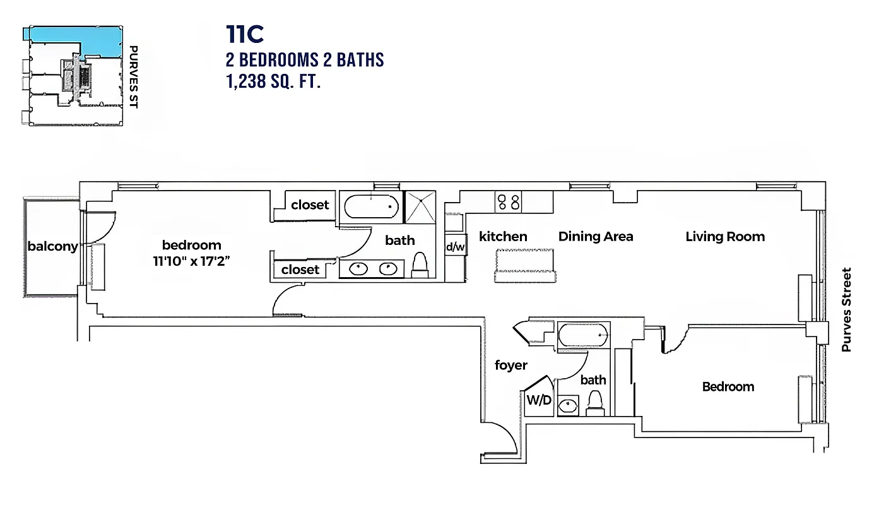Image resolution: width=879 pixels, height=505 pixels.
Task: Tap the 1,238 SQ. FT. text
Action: (x=273, y=81)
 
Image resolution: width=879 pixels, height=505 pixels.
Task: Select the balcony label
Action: (x=52, y=246)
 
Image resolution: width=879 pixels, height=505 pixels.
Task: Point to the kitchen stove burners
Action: (x=509, y=202)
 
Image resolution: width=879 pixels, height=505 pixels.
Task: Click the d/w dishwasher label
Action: (x=455, y=247)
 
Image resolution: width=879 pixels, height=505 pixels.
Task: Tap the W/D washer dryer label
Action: (x=538, y=401)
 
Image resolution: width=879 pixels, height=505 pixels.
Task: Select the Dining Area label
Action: (x=596, y=237)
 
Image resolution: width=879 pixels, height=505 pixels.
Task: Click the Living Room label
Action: (x=725, y=237)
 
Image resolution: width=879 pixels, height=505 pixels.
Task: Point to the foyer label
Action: (x=511, y=365)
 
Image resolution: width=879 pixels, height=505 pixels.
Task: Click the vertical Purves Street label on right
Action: (x=847, y=309)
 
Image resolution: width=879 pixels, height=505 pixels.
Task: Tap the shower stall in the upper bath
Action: (x=420, y=207)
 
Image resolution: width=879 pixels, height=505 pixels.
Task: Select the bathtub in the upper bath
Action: (x=370, y=206)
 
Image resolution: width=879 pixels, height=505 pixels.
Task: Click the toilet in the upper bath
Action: (x=420, y=265)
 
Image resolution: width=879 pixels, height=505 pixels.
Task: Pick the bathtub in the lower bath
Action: (x=584, y=335)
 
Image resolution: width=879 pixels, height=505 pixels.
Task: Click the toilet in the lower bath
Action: (x=595, y=403)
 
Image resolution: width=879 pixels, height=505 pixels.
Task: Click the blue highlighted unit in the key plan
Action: (x=95, y=39)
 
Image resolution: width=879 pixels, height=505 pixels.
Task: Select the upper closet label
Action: (x=310, y=205)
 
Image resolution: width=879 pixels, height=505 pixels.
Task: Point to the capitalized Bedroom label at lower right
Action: (x=728, y=386)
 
